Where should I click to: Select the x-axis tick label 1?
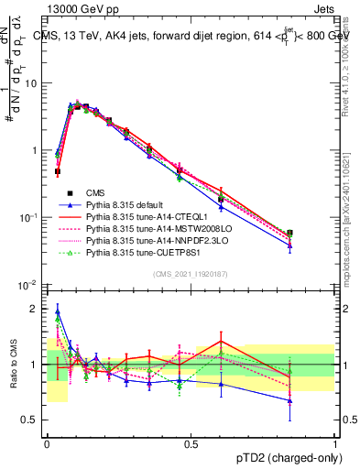point(334,443)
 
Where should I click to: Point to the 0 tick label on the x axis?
point(47,443)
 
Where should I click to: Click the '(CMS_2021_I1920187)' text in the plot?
point(190,273)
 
